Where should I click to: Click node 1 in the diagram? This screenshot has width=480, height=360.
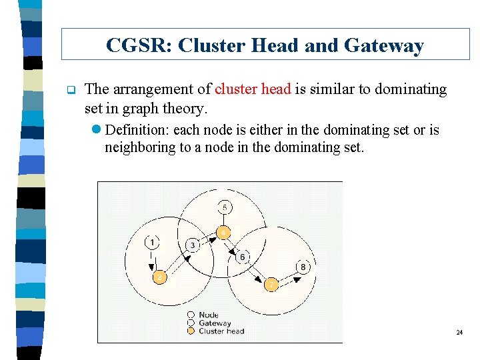(153, 242)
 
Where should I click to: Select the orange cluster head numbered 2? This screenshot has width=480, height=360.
(160, 277)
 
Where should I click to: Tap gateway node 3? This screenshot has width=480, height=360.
(193, 245)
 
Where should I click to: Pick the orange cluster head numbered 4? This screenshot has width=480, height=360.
(225, 233)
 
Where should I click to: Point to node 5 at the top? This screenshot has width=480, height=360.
(225, 208)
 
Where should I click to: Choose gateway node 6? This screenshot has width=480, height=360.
(242, 257)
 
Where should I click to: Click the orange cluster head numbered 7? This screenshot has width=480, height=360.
(271, 285)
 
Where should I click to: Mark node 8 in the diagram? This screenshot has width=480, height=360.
(303, 267)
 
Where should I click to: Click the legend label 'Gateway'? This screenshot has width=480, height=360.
(215, 323)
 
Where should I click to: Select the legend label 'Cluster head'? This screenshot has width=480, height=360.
(221, 331)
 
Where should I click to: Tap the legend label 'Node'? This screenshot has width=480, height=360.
(208, 315)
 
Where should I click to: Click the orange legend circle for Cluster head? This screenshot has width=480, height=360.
(191, 331)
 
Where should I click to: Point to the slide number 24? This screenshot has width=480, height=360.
(459, 332)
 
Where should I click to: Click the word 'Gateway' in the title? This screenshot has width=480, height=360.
(385, 45)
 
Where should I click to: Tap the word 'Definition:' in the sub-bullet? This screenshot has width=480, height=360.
(137, 130)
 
